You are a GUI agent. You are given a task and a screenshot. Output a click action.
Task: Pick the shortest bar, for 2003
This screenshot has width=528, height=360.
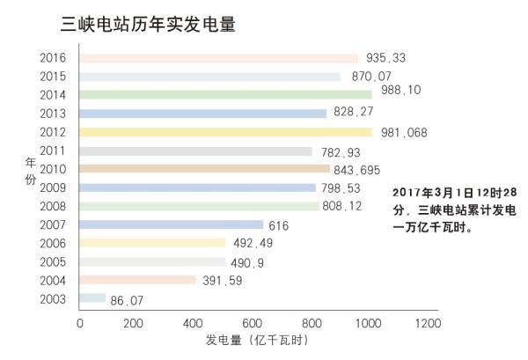pos(92,298)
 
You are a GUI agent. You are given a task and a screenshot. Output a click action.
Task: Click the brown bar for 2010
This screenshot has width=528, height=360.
pos(204,169)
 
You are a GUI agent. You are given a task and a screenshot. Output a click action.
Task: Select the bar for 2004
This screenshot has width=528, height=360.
pos(138,280)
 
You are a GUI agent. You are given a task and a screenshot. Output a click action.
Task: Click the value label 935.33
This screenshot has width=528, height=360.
pos(386,58)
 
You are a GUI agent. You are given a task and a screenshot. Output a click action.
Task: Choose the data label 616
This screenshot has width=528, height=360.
pos(280,225)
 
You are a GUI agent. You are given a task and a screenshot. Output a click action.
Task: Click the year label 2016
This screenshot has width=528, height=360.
pos(54,58)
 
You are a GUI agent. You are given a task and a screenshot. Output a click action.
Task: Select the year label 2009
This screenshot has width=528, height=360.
pos(54,187)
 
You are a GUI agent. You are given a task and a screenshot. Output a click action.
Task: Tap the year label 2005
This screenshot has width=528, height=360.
pos(54,261)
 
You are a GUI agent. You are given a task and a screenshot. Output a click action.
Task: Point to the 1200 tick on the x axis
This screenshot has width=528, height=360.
pos(428,324)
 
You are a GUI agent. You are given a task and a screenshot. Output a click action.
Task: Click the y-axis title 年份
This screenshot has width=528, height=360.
pos(29,169)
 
